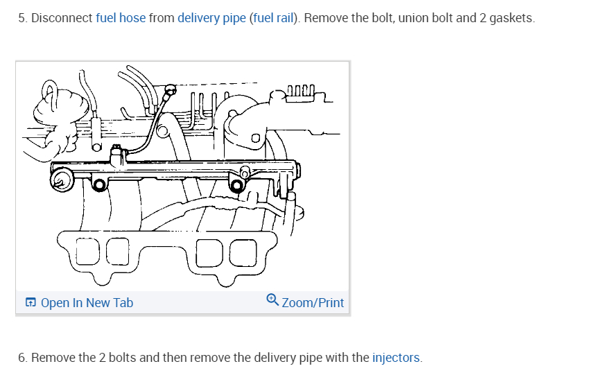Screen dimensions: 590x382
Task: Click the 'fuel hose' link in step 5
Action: pos(121,18)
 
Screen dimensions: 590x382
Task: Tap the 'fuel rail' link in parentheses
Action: pos(273,18)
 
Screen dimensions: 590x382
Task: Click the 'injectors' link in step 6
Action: pos(396,358)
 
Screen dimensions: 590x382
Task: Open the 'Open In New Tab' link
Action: pos(87,303)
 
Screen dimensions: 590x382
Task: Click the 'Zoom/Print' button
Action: pos(313,303)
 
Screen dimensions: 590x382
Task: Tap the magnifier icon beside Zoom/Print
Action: pos(272,301)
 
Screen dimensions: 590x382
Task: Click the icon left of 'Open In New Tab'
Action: pos(31,303)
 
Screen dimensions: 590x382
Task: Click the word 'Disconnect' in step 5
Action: pos(62,18)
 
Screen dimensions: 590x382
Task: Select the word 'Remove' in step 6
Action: pos(53,358)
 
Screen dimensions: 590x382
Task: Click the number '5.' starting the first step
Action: pos(23,18)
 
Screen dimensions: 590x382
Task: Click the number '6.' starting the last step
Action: pos(23,358)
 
